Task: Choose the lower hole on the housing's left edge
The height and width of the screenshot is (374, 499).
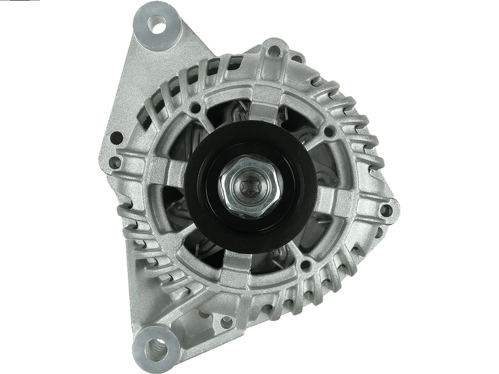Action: [x=115, y=148]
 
